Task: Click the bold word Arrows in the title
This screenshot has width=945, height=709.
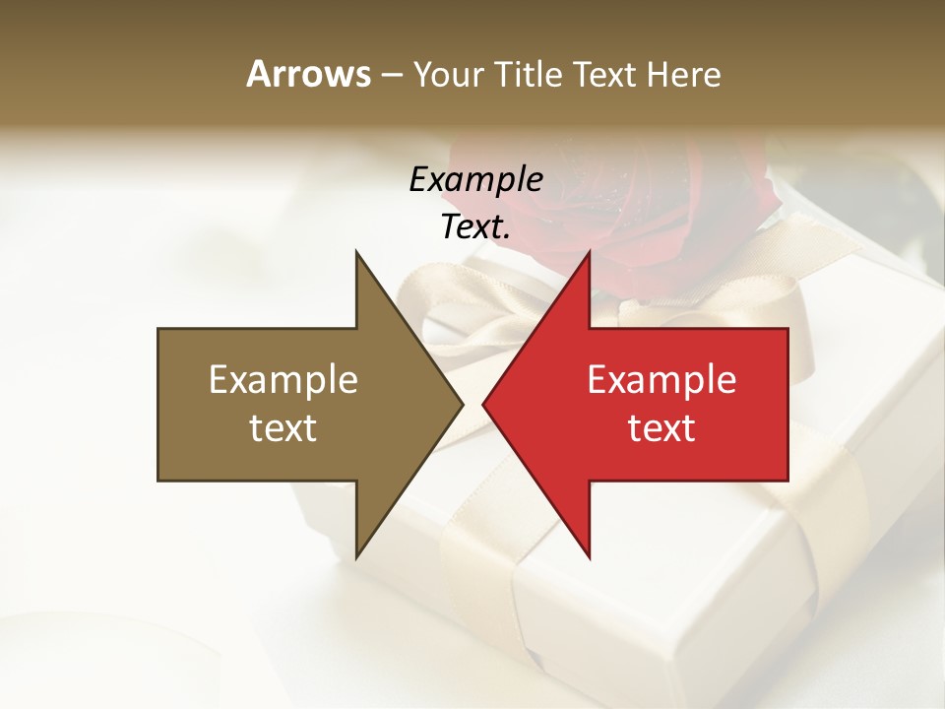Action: [x=308, y=74]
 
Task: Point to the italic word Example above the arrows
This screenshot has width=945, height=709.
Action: [x=475, y=179]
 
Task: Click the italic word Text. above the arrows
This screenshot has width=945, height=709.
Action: [x=475, y=227]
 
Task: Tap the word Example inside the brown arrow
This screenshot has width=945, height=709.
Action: [x=283, y=379]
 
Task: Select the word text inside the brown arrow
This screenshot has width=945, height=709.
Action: [x=283, y=427]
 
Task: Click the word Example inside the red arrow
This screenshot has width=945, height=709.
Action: [x=661, y=379]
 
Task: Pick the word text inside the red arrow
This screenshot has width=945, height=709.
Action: [x=661, y=427]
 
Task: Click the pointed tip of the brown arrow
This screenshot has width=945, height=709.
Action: [x=463, y=404]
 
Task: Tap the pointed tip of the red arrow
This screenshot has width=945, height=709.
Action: [x=483, y=404]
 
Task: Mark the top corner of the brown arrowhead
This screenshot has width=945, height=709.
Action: [x=356, y=252]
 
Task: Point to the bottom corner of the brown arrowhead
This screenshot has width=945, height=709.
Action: [x=356, y=557]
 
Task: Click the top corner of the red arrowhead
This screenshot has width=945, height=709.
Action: [x=589, y=252]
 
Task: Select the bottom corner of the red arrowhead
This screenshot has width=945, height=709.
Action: [x=589, y=557]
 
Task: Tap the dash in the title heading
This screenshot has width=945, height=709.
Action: [x=391, y=75]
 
